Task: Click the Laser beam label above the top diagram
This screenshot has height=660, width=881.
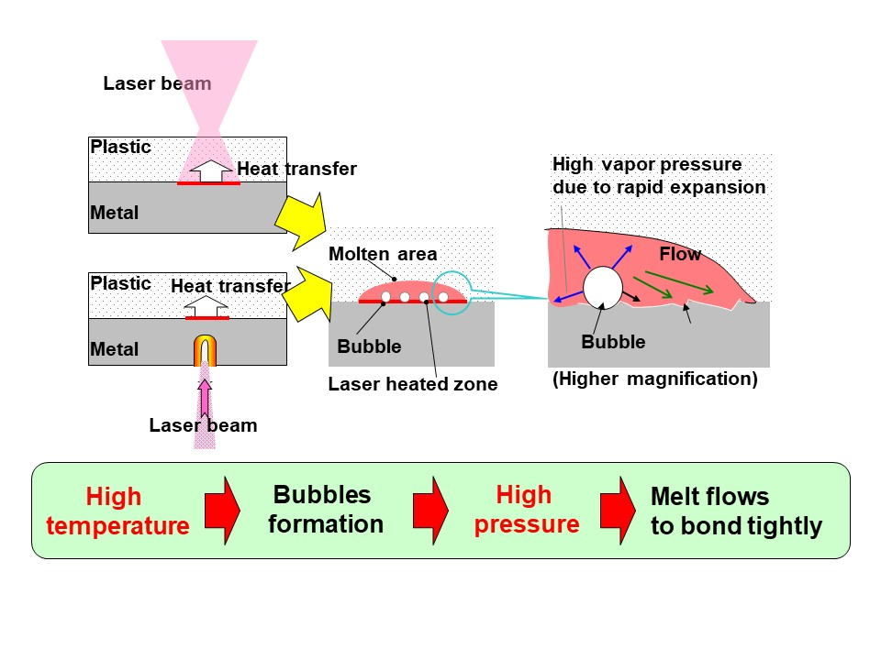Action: pyautogui.click(x=157, y=83)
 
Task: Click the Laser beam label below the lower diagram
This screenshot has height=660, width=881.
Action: pyautogui.click(x=203, y=425)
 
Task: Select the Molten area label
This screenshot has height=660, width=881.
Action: pyautogui.click(x=383, y=254)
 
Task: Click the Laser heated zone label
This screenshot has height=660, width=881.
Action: pyautogui.click(x=412, y=385)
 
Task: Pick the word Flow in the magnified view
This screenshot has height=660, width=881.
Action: pyautogui.click(x=680, y=254)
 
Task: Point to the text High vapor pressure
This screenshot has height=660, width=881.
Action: pyautogui.click(x=646, y=165)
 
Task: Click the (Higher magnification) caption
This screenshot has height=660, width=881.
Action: pyautogui.click(x=654, y=379)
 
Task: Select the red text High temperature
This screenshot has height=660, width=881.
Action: pyautogui.click(x=117, y=511)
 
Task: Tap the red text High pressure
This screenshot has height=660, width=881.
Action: pyautogui.click(x=524, y=510)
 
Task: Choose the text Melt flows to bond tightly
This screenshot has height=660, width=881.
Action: pyautogui.click(x=735, y=511)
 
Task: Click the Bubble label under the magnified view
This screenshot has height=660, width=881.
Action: pyautogui.click(x=613, y=343)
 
